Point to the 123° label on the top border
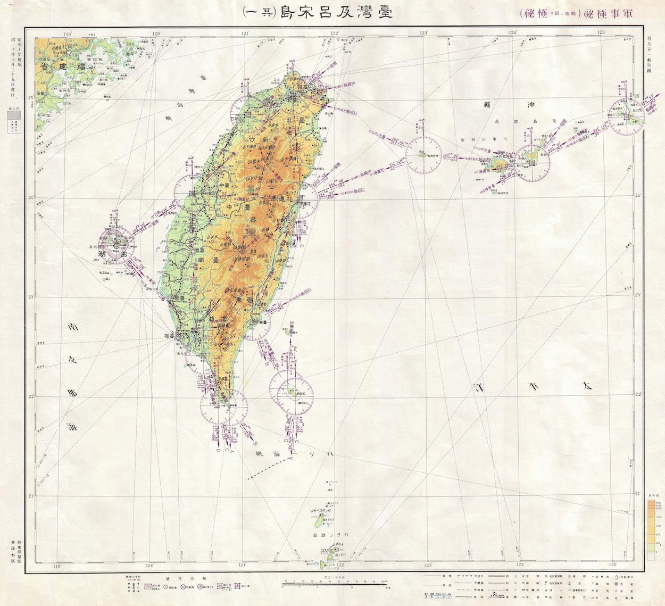[x=424, y=33]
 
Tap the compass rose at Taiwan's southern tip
[x=223, y=406]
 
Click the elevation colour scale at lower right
[x=651, y=527]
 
